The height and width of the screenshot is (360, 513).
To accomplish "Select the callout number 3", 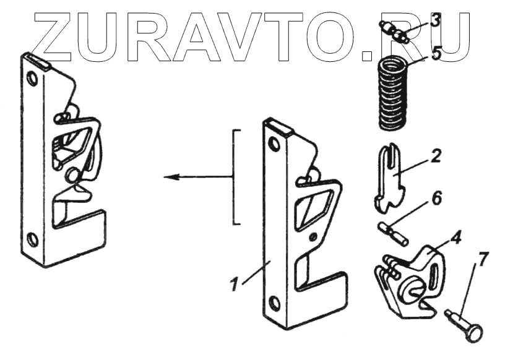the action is pos(436,20).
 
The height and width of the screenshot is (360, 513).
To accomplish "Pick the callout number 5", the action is pos(436,53).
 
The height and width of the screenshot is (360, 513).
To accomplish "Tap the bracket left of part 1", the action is pos(235,178).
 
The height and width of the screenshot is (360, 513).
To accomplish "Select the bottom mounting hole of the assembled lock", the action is pos(33,239).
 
